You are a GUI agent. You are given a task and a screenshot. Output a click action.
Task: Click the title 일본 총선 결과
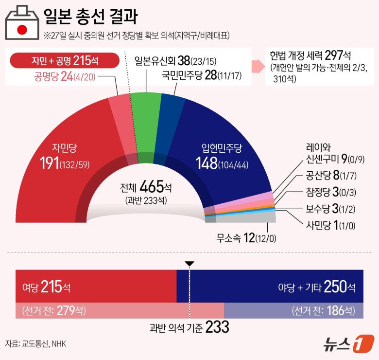[x=90, y=17]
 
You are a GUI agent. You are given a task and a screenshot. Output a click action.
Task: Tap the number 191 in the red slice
[x=49, y=163]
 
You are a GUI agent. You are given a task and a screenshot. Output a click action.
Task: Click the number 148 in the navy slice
[x=207, y=163]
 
